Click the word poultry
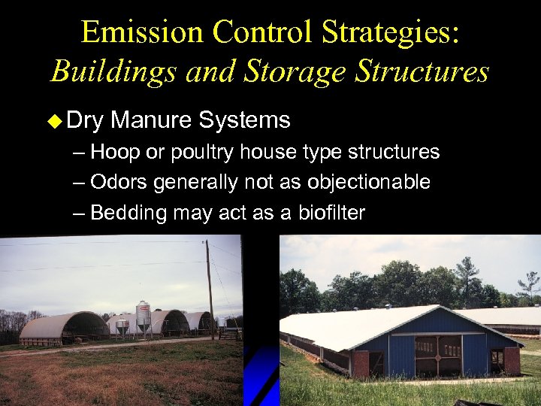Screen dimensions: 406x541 click(x=204, y=153)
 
